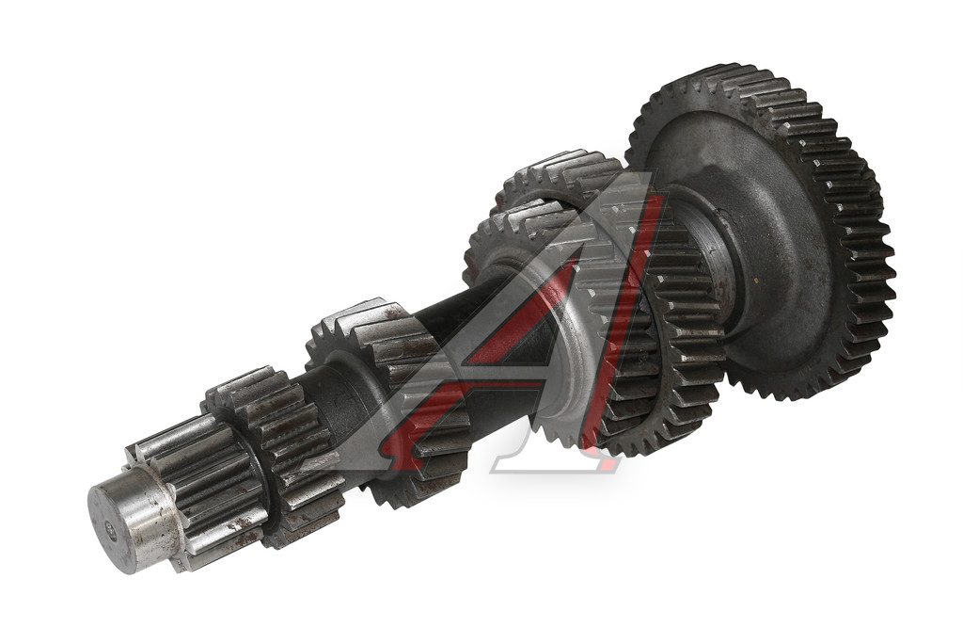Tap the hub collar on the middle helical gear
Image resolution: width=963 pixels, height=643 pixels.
(350, 394)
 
